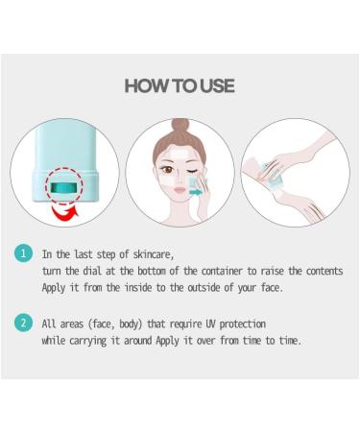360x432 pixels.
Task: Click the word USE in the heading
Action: click(x=215, y=86)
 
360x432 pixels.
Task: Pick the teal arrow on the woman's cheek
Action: click(x=197, y=192)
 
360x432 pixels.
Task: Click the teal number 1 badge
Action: click(x=22, y=254)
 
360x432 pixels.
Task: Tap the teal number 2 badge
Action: click(x=22, y=324)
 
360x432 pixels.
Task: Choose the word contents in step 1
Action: click(x=321, y=272)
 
